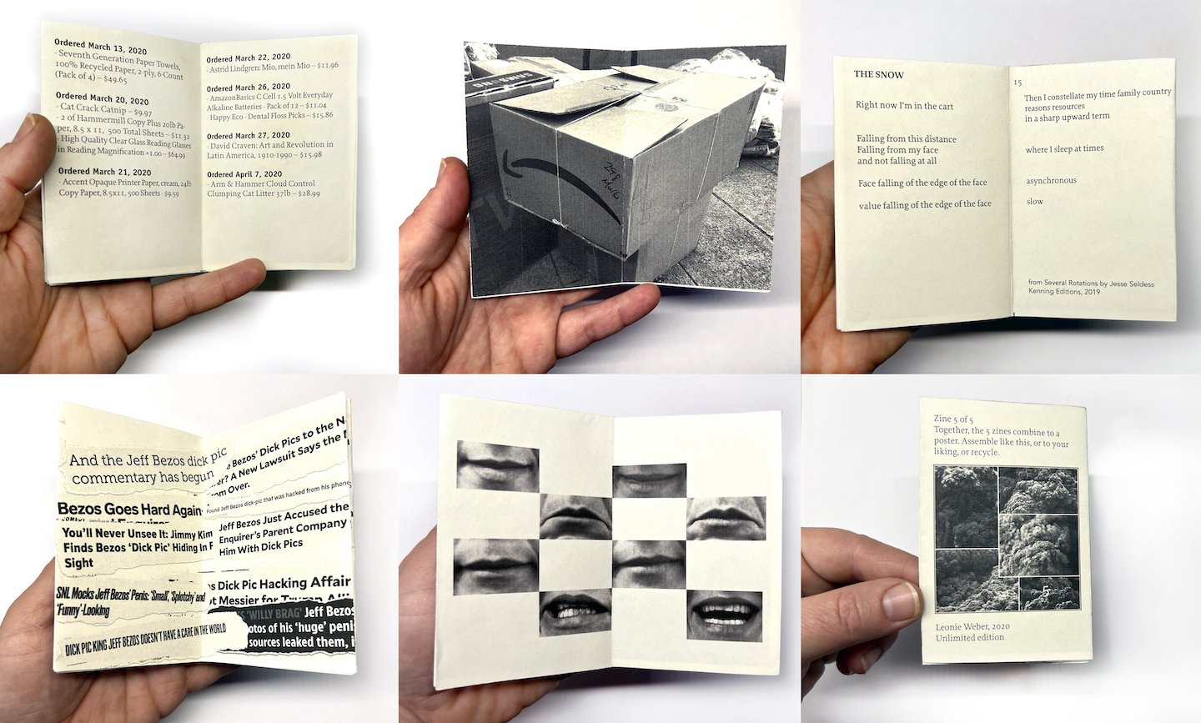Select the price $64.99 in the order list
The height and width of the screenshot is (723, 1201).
(176, 154)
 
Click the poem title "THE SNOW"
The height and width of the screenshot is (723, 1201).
(878, 74)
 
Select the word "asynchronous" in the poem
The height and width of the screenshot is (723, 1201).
(1051, 180)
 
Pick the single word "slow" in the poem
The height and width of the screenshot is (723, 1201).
(1034, 201)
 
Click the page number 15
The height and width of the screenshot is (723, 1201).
(1018, 83)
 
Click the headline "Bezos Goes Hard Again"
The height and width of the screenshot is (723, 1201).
(129, 510)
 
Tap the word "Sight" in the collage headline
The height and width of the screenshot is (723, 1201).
(79, 563)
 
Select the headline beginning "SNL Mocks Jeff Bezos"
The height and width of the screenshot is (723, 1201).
(129, 595)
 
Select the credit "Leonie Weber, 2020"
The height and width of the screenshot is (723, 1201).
(972, 626)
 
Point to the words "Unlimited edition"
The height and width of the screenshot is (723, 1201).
(970, 638)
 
